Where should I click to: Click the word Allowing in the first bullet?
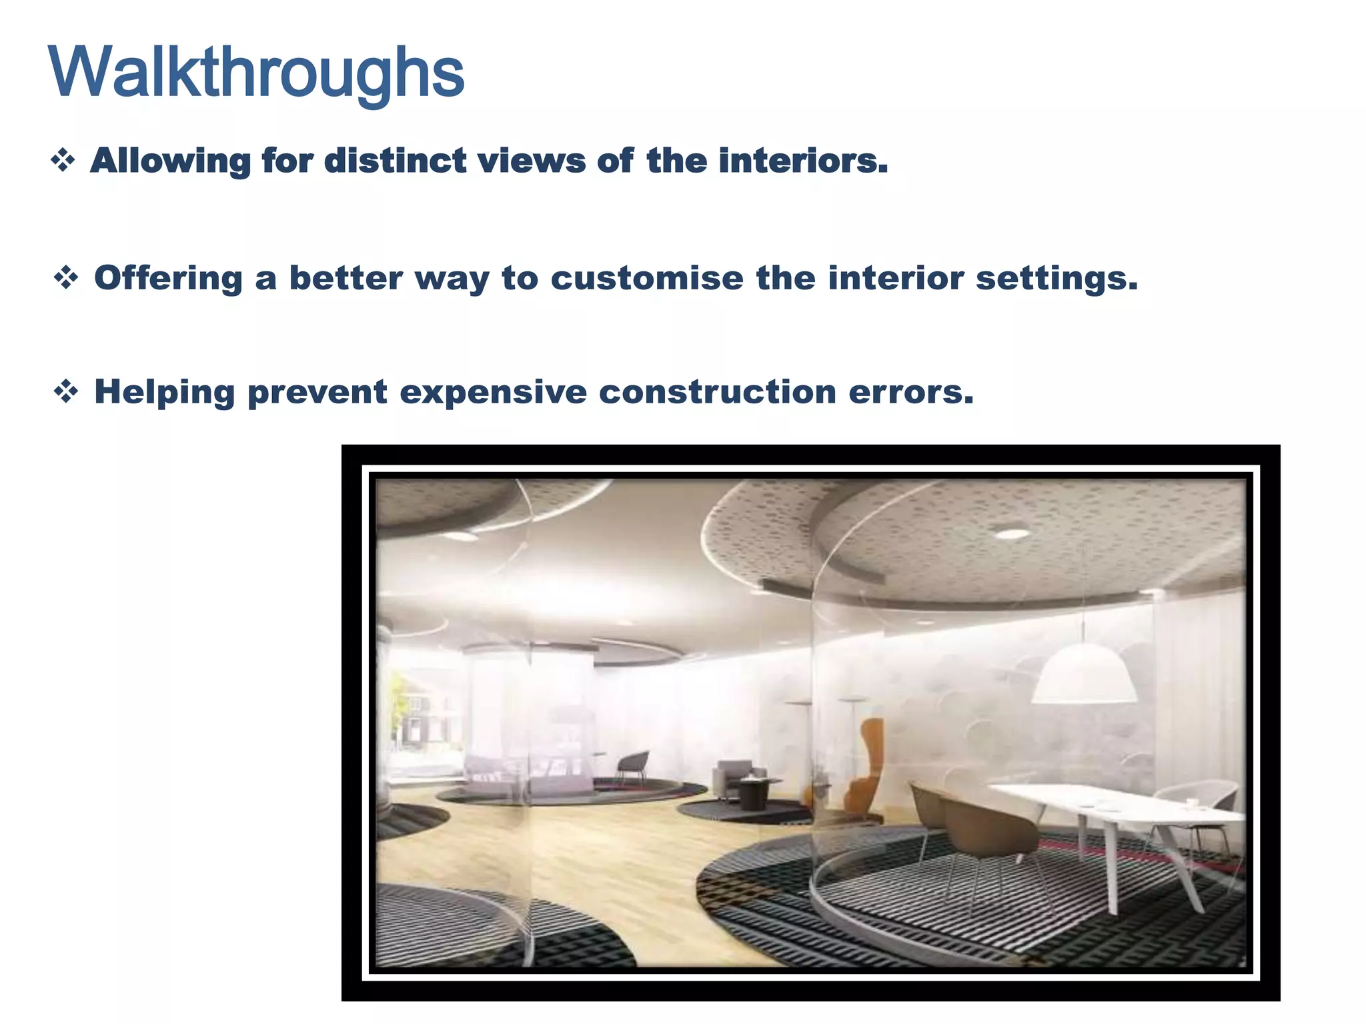pos(169,161)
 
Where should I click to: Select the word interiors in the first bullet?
pos(803,161)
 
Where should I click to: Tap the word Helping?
pos(165,391)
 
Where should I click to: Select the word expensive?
pos(493,391)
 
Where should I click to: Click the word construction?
pos(718,391)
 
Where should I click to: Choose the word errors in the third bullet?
pos(911,391)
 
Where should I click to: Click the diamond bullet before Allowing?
pos(63,161)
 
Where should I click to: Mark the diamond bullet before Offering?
pos(66,277)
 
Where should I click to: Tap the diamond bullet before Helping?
pos(66,391)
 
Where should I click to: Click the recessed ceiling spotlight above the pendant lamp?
pos(1012,533)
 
